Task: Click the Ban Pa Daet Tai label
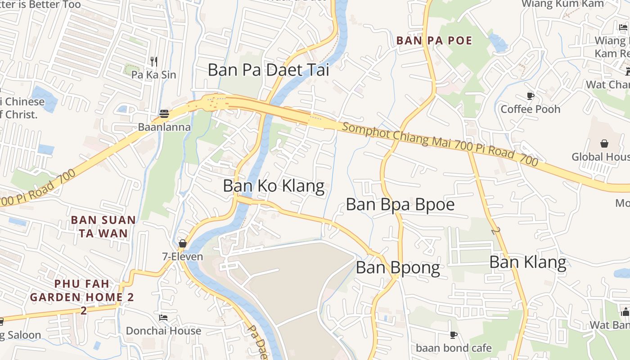point(268,70)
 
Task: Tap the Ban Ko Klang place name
point(274,186)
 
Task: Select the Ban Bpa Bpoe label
point(400,204)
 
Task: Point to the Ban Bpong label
point(398,268)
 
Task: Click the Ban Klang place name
point(527,262)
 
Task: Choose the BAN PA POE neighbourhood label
point(434,40)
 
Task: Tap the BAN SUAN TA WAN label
point(103,226)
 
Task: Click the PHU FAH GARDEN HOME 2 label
point(82,291)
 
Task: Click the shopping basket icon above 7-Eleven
point(182,243)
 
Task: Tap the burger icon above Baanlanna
point(164,114)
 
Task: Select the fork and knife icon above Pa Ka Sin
point(154,61)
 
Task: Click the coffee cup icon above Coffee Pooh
point(531,96)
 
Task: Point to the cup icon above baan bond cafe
point(454,335)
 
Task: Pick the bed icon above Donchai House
point(163,318)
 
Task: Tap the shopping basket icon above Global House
point(604,144)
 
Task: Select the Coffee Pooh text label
point(531,109)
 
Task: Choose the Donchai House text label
point(163,331)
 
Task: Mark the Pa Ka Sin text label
point(154,75)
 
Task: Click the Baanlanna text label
point(164,127)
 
